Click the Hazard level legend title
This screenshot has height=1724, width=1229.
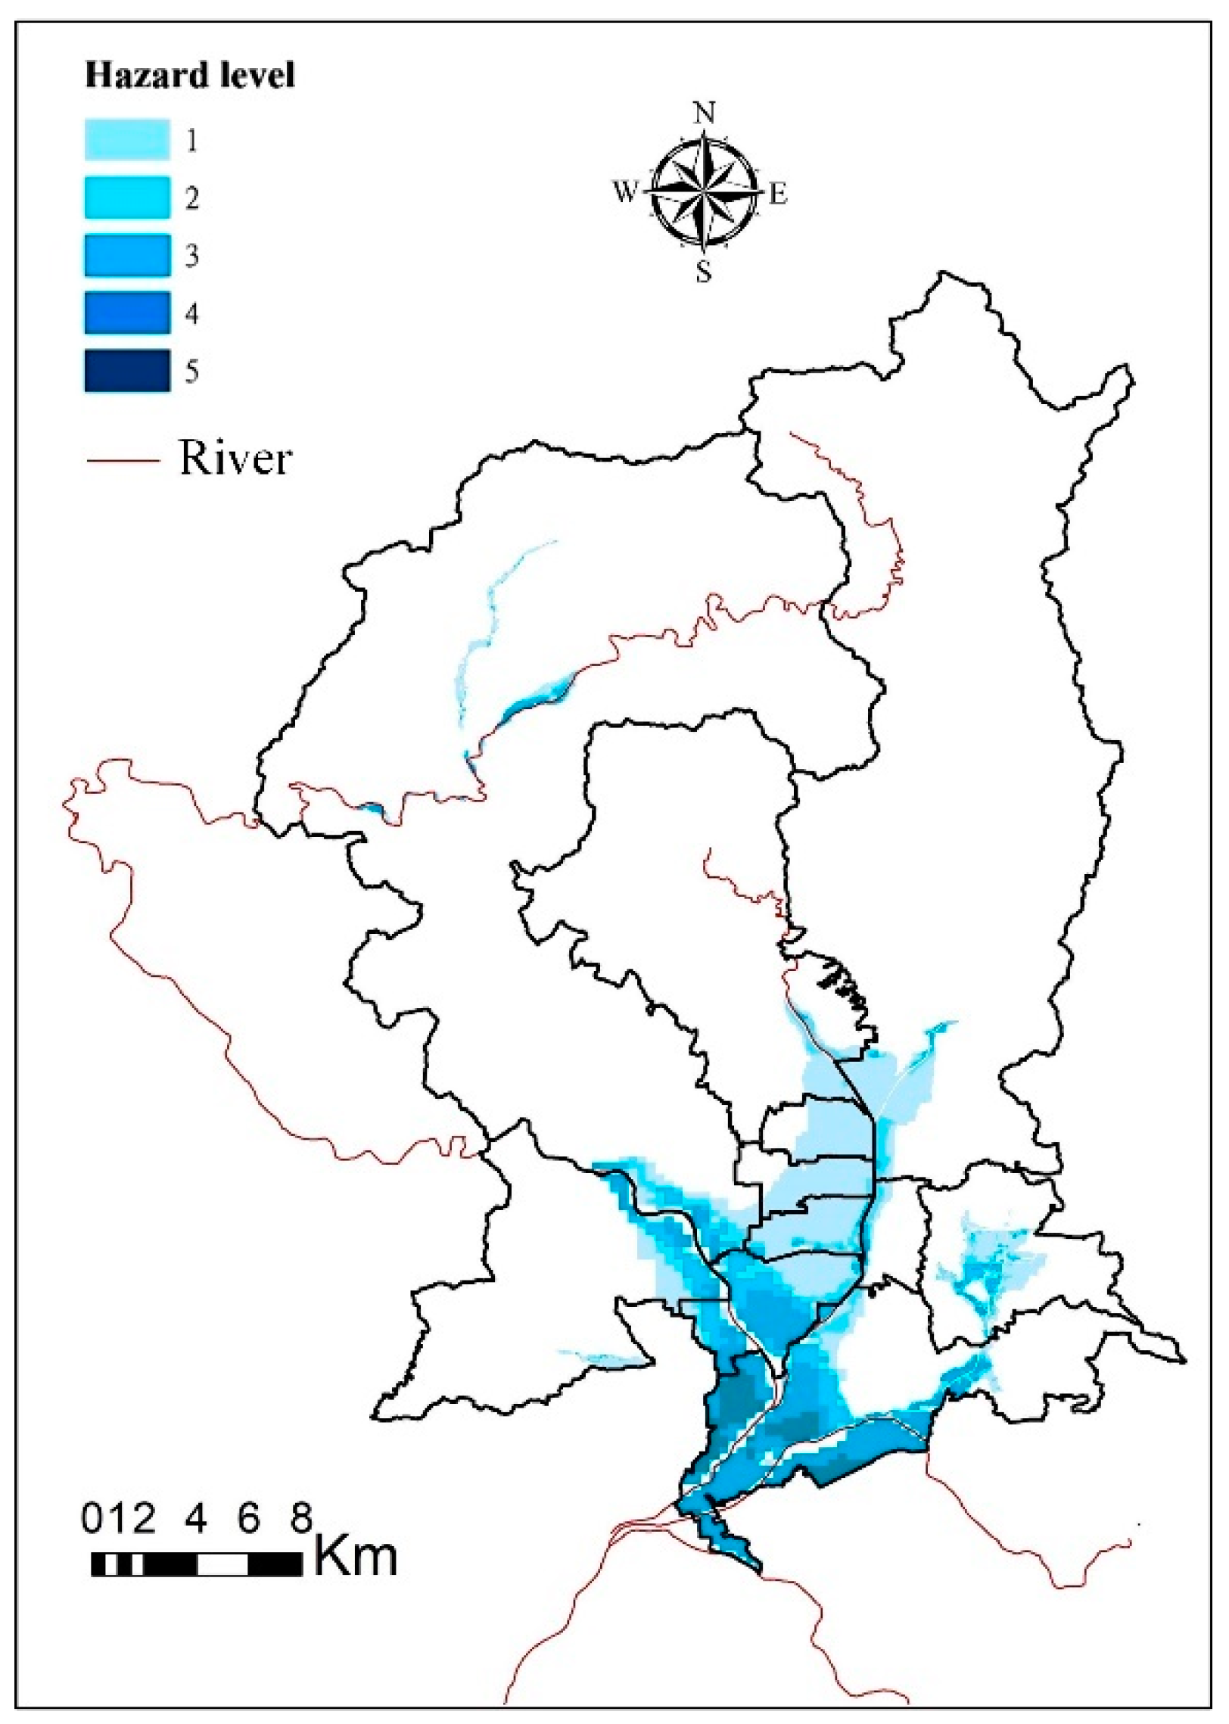(x=189, y=76)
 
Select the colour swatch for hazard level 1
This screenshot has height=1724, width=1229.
(x=127, y=140)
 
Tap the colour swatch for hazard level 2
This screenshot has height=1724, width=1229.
(x=127, y=198)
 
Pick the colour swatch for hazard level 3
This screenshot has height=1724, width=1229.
(x=127, y=256)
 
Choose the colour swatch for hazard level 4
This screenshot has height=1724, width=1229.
(x=127, y=313)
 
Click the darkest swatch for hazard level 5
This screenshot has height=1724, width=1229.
(x=127, y=371)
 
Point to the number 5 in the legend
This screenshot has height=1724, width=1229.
(x=192, y=372)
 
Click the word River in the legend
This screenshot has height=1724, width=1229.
(x=235, y=459)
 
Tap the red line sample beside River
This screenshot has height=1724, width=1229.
(x=123, y=460)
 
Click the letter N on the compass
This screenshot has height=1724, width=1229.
(x=705, y=114)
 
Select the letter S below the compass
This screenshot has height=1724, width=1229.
(x=705, y=272)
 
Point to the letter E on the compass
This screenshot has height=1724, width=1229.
(x=779, y=194)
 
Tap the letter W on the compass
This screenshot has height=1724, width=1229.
(x=625, y=193)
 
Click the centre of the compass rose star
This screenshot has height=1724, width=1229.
(x=705, y=191)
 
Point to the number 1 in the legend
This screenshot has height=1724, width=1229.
(x=192, y=141)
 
